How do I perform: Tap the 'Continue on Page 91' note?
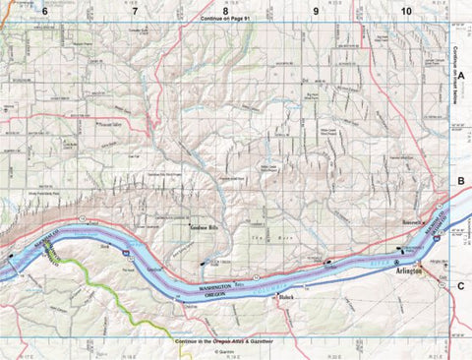pos(224,19)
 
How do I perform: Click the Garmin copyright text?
pos(224,350)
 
